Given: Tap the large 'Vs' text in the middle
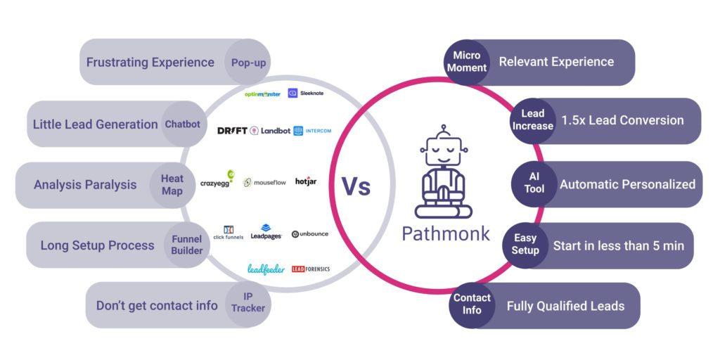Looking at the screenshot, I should click(x=356, y=186).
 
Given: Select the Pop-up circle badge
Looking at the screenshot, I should click(x=247, y=63).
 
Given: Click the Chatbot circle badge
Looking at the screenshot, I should click(x=182, y=124).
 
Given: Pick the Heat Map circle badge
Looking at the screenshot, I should click(x=172, y=185).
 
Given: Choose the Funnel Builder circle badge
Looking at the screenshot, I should click(x=187, y=245).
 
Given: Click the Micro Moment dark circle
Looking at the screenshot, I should click(x=467, y=62).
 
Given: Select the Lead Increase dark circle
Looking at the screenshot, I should click(x=533, y=120).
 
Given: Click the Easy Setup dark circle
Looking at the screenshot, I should click(x=525, y=244).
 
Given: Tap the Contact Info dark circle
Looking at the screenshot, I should click(x=472, y=304).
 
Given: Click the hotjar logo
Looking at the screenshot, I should click(x=306, y=181).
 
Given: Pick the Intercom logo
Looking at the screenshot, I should click(x=312, y=131).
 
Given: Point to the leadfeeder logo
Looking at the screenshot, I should click(x=266, y=269).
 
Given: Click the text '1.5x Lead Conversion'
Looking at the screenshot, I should click(x=622, y=120).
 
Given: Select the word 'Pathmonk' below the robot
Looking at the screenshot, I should click(x=446, y=233).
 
